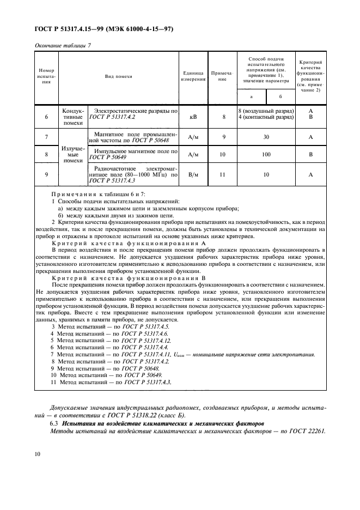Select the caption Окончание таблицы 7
point(62,46)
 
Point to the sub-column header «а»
point(251,96)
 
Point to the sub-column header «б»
point(279,96)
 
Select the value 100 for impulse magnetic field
point(266,154)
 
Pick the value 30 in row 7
point(266,137)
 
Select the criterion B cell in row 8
point(310,154)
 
